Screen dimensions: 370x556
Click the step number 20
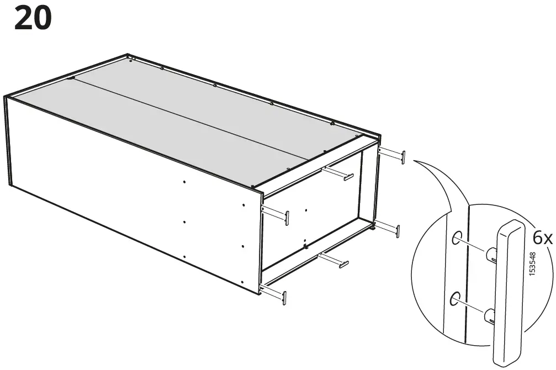[33, 18]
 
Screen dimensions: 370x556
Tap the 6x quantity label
[542, 238]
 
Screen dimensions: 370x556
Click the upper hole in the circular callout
[457, 238]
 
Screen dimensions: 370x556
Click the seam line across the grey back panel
[188, 117]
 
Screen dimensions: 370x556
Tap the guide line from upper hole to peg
[474, 246]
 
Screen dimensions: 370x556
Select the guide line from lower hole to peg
[473, 308]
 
